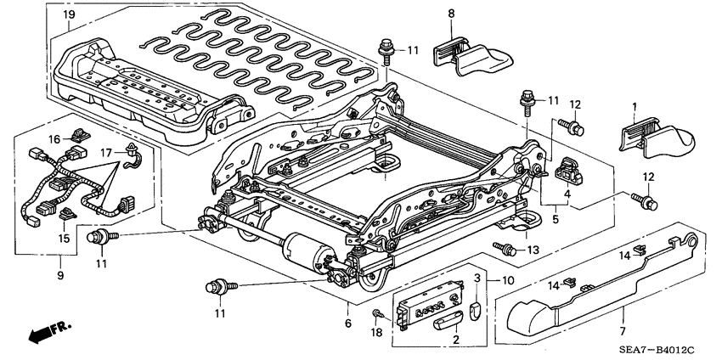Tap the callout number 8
click(451, 14)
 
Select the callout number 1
click(634, 107)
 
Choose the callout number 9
click(59, 276)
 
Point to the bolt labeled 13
click(505, 248)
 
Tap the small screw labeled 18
click(375, 316)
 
